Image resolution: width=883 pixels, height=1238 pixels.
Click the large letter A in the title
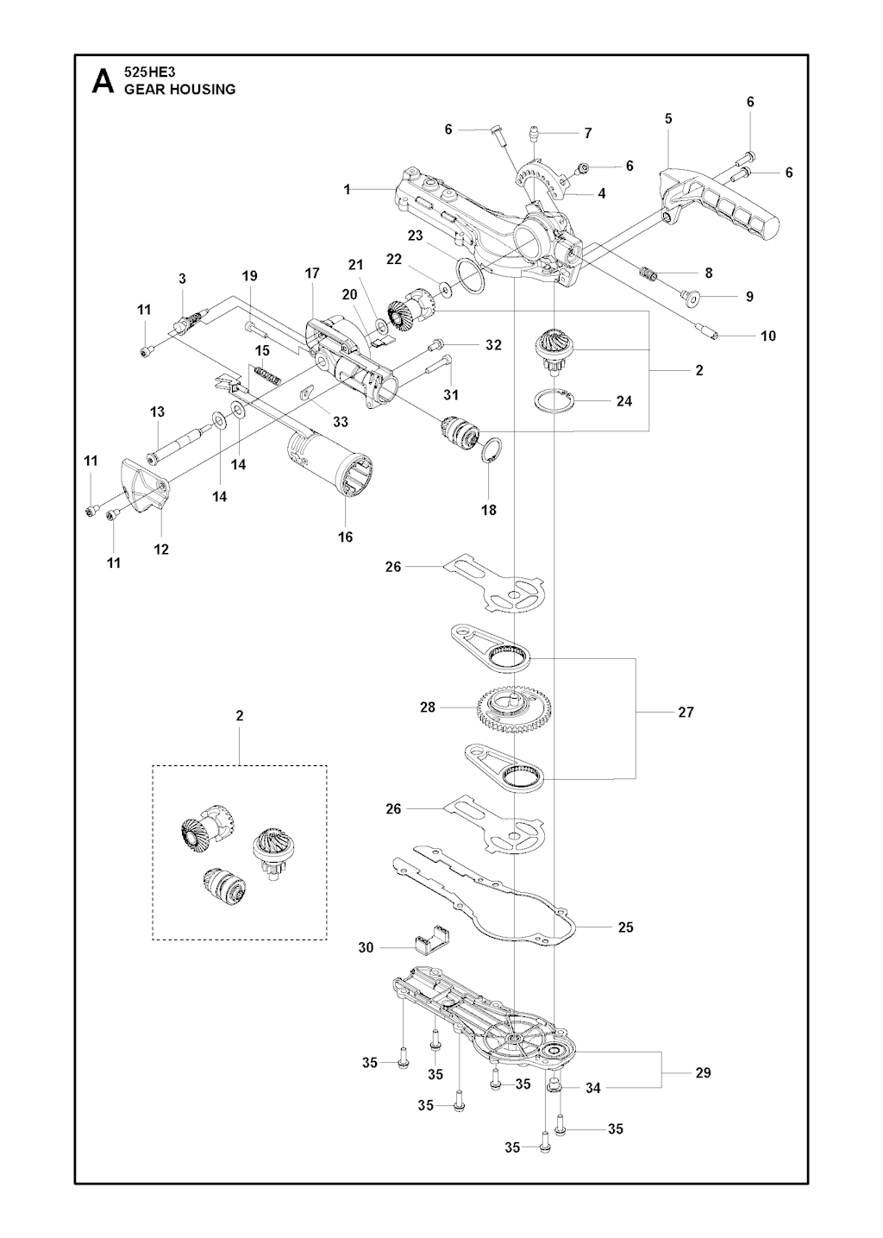(102, 82)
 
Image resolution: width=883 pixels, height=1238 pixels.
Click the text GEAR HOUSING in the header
(180, 90)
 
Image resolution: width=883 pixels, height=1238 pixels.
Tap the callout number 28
(427, 707)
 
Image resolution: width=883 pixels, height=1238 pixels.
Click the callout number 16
(345, 537)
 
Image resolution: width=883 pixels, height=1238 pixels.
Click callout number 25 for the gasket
(626, 927)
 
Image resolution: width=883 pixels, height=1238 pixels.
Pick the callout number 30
(366, 948)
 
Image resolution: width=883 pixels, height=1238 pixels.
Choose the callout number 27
(686, 713)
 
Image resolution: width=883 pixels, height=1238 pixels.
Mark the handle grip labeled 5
(724, 201)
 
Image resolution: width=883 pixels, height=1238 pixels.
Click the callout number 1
(348, 189)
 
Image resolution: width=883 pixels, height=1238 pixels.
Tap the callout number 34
(593, 1089)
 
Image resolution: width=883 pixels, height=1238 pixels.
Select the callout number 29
(703, 1072)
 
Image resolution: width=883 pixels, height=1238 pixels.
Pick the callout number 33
(341, 422)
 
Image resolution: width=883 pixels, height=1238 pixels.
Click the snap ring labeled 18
(490, 452)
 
